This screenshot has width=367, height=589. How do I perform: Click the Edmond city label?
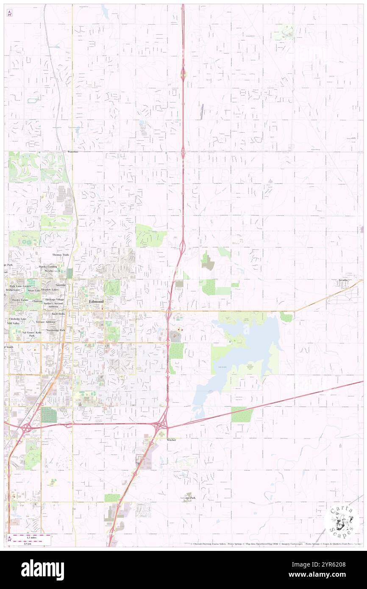point(96,301)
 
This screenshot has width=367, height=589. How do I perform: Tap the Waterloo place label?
point(73,151)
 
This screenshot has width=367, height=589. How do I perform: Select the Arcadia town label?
point(343,280)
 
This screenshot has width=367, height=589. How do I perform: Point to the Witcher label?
point(171,440)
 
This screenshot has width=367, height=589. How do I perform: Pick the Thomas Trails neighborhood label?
point(60,255)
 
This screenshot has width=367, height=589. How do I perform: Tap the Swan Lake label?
point(34,291)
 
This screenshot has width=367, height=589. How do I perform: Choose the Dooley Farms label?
point(19,300)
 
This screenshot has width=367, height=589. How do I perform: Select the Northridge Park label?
point(56,330)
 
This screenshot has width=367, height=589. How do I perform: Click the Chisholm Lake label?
point(17,319)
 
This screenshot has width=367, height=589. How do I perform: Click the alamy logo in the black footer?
point(42,570)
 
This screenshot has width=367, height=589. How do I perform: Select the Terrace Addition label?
point(46,322)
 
